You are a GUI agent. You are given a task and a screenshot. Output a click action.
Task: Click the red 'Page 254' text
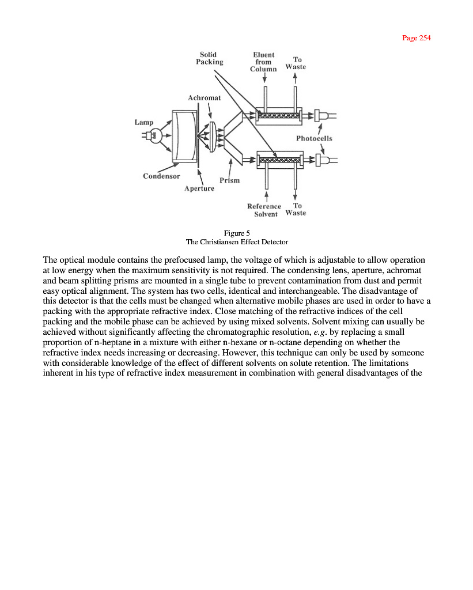pos(416,38)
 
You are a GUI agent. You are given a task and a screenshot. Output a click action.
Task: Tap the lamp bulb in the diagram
pos(154,137)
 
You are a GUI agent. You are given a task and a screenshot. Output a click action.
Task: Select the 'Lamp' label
pos(143,122)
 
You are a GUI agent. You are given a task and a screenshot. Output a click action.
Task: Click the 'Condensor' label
pos(161,176)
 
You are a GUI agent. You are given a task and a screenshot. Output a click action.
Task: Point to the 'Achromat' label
pos(205,97)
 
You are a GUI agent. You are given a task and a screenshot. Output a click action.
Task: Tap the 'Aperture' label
pos(199,188)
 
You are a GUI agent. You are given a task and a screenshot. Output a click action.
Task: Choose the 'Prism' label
pos(229,180)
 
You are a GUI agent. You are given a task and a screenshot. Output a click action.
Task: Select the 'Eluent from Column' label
pos(263,62)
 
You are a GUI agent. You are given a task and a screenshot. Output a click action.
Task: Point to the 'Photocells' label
pos(314,138)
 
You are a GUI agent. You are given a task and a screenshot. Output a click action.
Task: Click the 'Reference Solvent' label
pos(264,210)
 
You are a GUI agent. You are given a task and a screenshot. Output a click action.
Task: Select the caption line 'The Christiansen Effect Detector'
pos(237,241)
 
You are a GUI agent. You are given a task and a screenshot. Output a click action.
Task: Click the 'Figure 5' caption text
pos(236,233)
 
